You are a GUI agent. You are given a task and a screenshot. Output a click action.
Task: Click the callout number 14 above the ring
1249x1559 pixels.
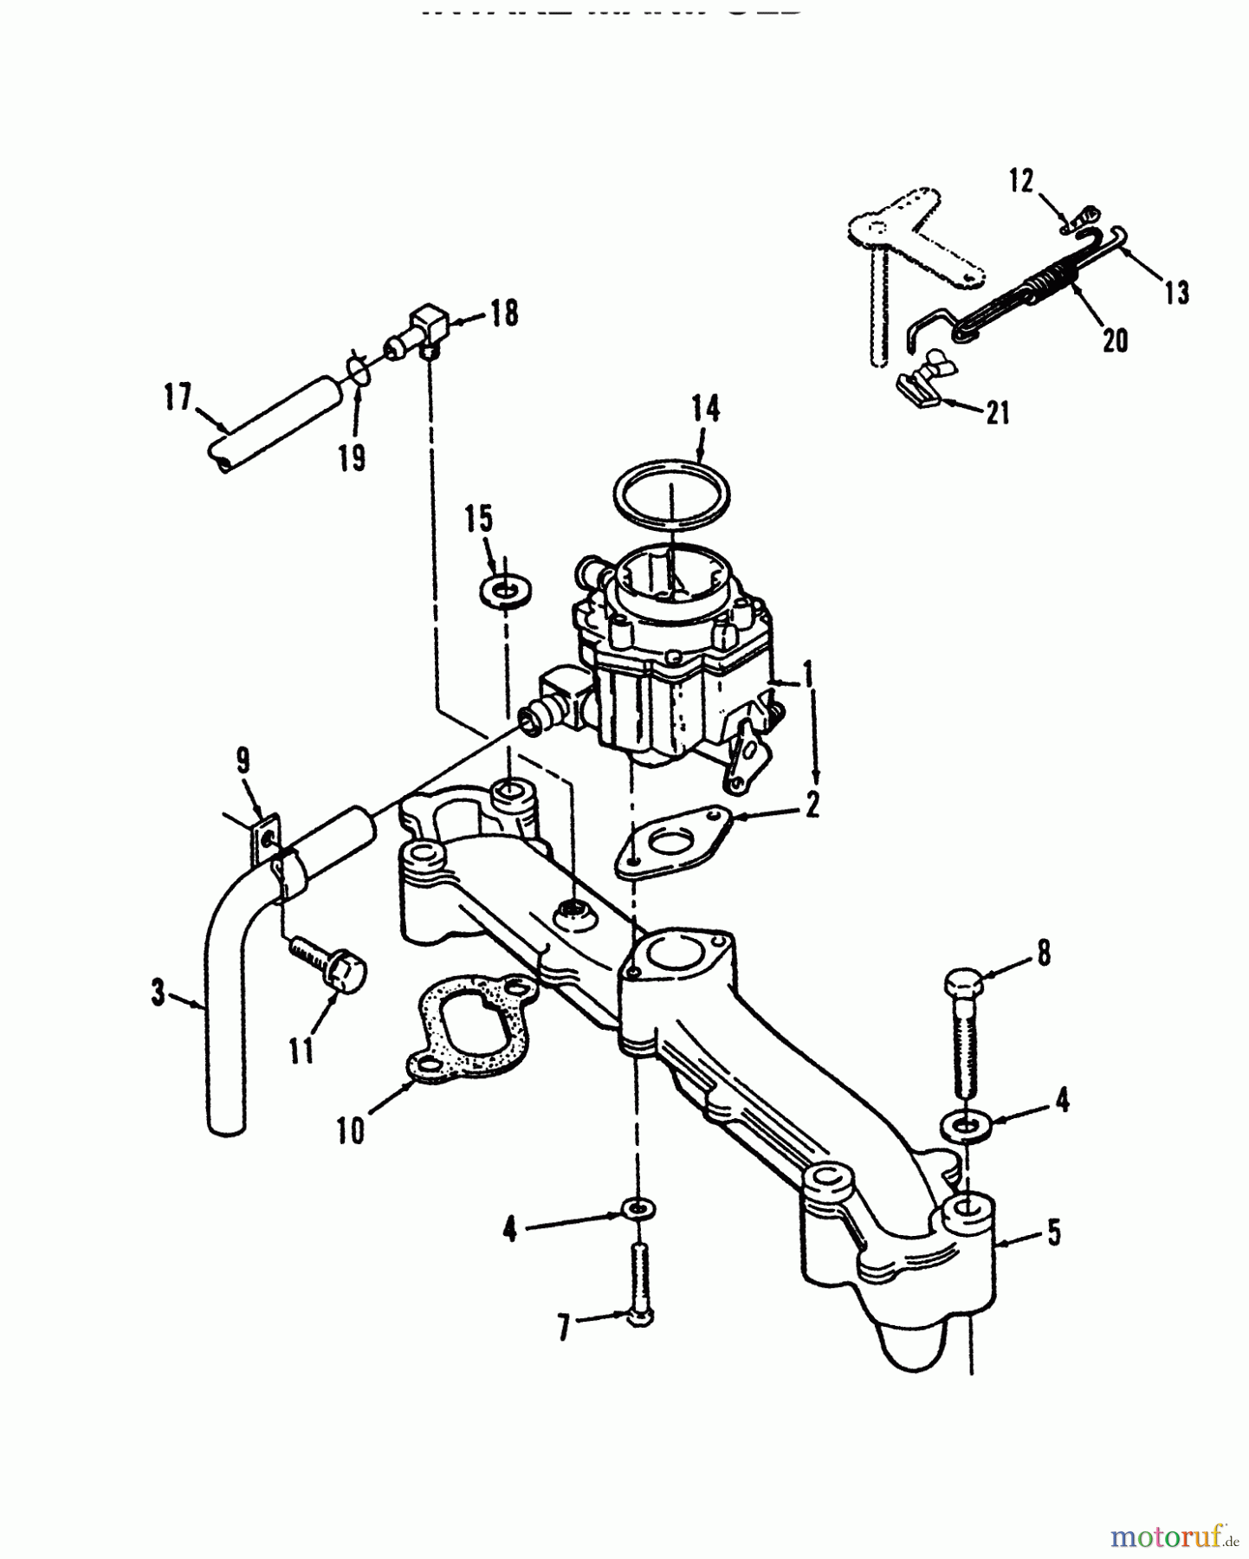coord(706,409)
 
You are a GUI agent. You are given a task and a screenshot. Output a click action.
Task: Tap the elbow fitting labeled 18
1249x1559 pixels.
coord(428,327)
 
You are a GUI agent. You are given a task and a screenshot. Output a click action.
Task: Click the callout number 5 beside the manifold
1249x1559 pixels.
coord(1052,1232)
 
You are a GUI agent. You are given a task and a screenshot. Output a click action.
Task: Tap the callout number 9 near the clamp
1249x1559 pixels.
coord(243,760)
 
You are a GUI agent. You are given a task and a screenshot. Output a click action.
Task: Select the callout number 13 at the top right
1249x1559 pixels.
coord(1176,292)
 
